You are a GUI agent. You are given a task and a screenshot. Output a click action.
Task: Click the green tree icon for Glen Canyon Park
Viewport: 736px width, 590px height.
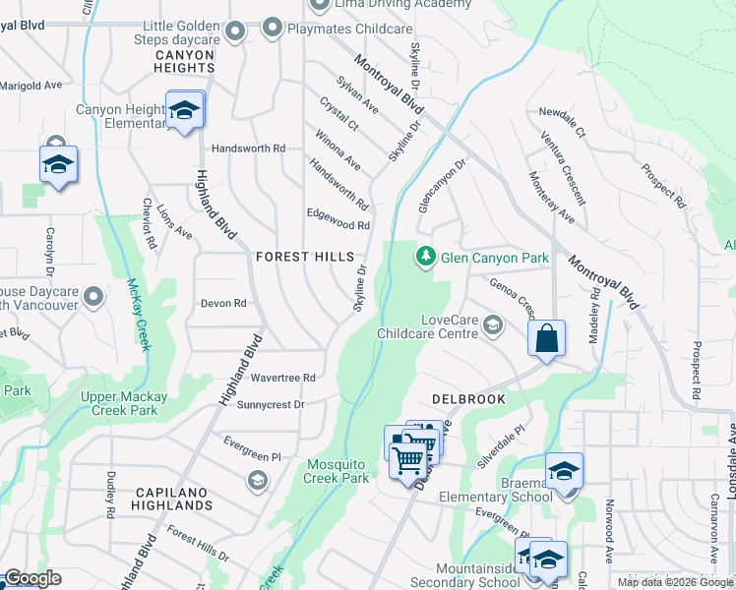(425, 257)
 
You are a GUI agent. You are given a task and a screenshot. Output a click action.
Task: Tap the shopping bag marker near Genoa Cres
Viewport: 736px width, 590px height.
(546, 339)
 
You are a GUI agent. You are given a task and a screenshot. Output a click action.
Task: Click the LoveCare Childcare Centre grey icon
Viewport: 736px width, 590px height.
(494, 326)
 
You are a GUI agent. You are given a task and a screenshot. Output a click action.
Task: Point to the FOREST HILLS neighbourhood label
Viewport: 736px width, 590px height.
(304, 257)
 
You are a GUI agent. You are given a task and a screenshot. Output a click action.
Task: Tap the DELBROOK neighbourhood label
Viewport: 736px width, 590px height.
(468, 399)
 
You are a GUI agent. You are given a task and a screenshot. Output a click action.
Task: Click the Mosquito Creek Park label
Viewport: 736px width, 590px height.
(337, 471)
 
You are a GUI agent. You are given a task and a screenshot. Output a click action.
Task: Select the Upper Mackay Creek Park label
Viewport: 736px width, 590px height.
(132, 403)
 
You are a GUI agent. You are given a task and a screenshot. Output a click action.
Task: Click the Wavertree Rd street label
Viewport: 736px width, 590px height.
(282, 378)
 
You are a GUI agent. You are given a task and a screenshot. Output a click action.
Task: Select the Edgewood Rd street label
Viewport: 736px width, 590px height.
(337, 225)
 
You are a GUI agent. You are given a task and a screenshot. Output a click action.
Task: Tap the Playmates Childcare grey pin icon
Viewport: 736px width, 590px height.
(271, 29)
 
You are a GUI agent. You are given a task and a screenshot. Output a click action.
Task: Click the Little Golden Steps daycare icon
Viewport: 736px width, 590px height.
(234, 32)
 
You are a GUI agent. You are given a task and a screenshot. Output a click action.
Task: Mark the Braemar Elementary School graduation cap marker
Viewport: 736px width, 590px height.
(564, 470)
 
